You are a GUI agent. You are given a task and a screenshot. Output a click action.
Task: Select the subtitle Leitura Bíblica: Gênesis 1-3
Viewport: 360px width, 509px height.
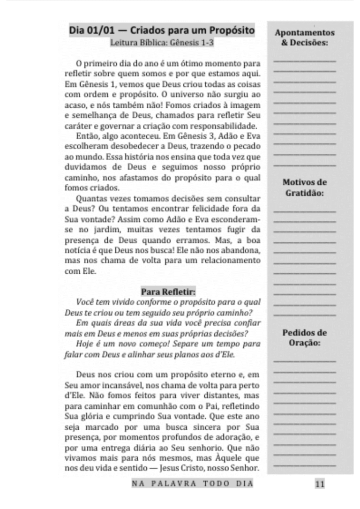click(162, 44)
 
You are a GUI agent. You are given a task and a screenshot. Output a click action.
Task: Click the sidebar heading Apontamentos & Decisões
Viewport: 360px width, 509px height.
click(305, 37)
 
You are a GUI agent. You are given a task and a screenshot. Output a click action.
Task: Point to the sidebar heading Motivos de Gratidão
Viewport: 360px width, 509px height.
click(305, 187)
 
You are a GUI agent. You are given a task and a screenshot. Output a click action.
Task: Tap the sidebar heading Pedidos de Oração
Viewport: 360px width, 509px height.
click(305, 337)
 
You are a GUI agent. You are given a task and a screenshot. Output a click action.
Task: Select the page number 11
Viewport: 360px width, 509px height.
click(320, 484)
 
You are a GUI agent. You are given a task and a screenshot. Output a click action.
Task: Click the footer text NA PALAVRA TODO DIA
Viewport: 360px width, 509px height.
click(193, 483)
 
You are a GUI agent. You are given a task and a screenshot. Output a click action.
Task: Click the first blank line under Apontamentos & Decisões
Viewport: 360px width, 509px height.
click(305, 61)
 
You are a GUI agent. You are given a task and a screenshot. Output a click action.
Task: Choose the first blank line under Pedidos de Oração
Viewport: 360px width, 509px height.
click(305, 361)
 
